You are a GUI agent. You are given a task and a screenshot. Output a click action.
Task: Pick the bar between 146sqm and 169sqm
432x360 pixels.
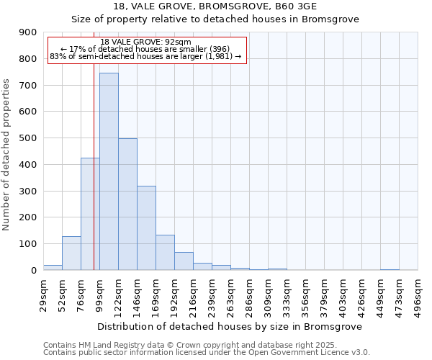click(146, 228)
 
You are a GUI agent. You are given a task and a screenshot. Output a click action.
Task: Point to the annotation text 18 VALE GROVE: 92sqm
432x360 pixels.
click(146, 42)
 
